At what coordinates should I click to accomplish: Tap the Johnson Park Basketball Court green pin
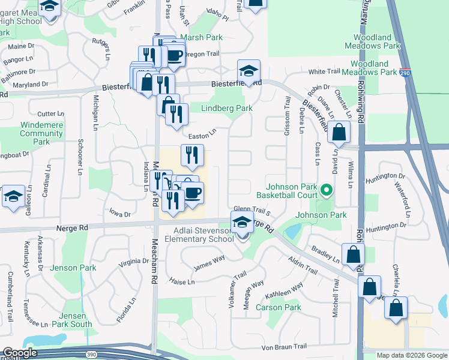(327, 190)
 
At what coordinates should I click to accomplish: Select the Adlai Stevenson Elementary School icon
(242, 222)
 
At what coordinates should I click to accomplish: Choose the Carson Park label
(278, 307)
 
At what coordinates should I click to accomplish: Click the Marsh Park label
(201, 37)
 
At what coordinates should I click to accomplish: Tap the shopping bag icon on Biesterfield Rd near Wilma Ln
(339, 133)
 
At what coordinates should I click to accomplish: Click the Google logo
(20, 353)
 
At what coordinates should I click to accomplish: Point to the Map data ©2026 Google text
(412, 355)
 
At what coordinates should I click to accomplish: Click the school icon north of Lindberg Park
(248, 71)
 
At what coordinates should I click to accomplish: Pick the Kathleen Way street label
(285, 292)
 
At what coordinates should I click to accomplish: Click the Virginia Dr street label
(133, 262)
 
